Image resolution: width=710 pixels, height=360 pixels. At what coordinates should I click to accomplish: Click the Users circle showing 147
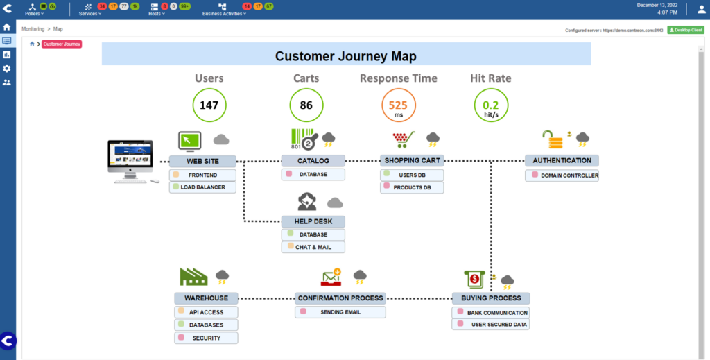209,105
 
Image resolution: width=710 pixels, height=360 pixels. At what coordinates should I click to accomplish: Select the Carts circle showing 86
306,105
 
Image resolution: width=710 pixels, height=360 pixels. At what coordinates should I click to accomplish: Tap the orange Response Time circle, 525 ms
398,106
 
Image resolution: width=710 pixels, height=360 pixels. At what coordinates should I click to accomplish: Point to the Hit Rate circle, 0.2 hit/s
491,105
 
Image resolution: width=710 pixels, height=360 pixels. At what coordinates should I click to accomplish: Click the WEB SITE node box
203,161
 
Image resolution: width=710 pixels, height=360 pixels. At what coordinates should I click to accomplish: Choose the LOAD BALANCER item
202,187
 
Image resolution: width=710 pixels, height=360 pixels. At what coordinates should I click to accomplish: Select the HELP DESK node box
313,222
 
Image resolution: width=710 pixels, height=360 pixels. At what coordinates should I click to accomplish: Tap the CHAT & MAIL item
313,247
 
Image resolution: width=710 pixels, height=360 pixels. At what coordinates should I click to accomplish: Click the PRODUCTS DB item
412,187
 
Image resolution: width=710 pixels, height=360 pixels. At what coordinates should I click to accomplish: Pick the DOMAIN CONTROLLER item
562,175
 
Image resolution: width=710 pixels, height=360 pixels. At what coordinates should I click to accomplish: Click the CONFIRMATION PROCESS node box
340,298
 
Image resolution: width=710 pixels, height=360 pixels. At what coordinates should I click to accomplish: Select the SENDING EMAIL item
340,312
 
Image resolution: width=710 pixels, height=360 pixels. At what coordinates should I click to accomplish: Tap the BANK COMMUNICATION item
491,313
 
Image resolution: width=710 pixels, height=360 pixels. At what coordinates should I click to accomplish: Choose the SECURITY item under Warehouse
206,338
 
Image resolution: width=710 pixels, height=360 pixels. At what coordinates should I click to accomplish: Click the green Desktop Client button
685,30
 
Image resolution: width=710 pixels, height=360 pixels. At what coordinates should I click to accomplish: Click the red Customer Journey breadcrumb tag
62,44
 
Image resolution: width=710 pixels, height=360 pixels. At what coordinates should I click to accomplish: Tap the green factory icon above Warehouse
193,277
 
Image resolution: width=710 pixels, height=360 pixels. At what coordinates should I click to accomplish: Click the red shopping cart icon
403,139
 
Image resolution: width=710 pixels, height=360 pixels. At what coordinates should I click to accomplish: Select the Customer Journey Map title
346,56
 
